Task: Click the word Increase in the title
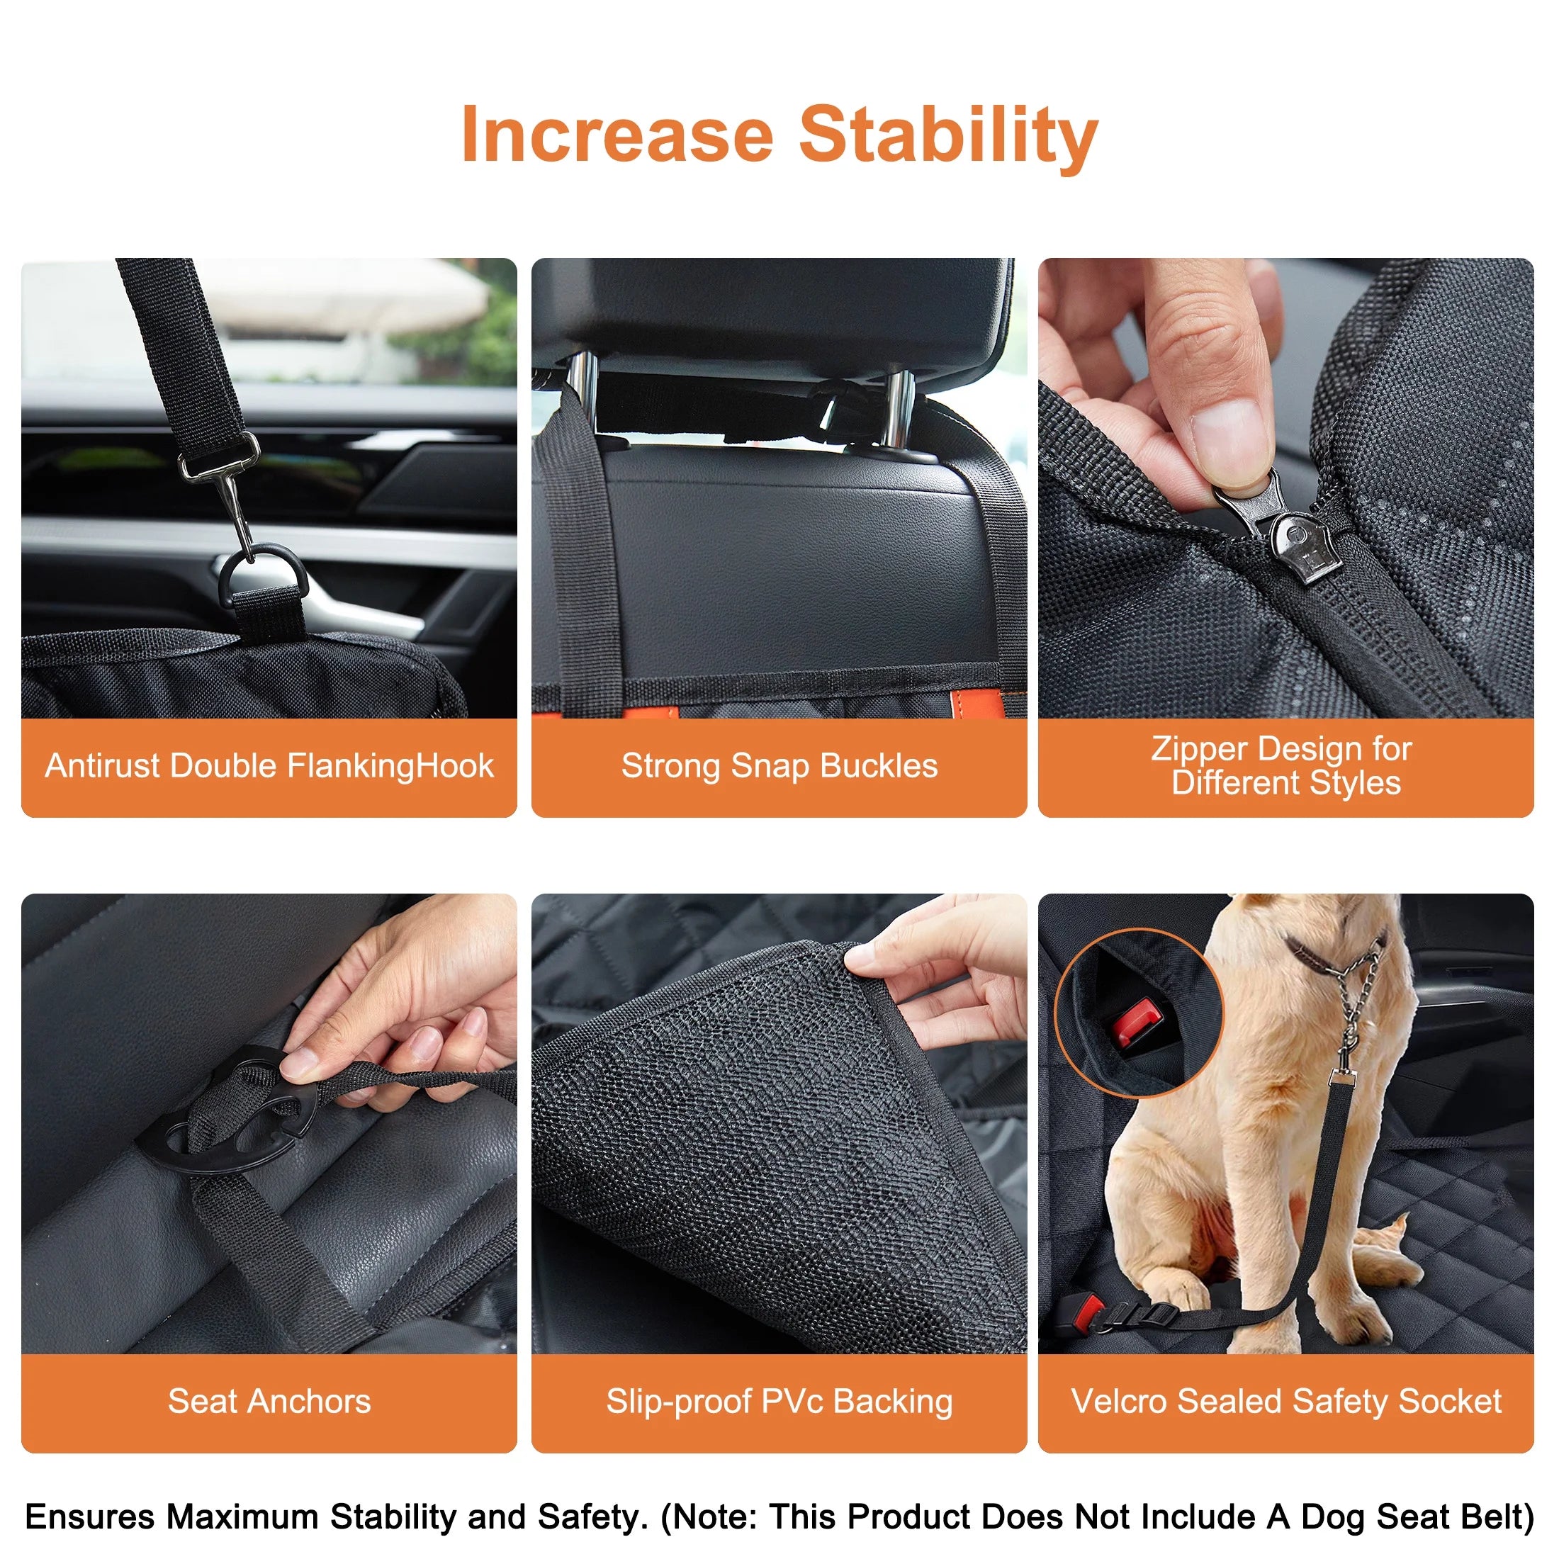pyautogui.click(x=617, y=135)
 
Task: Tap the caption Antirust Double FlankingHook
pyautogui.click(x=269, y=766)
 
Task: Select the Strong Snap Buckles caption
pyautogui.click(x=779, y=766)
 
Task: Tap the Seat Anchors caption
pyautogui.click(x=269, y=1402)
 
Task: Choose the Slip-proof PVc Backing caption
pyautogui.click(x=779, y=1402)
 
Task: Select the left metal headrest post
pyautogui.click(x=582, y=395)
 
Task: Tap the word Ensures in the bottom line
pyautogui.click(x=89, y=1517)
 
